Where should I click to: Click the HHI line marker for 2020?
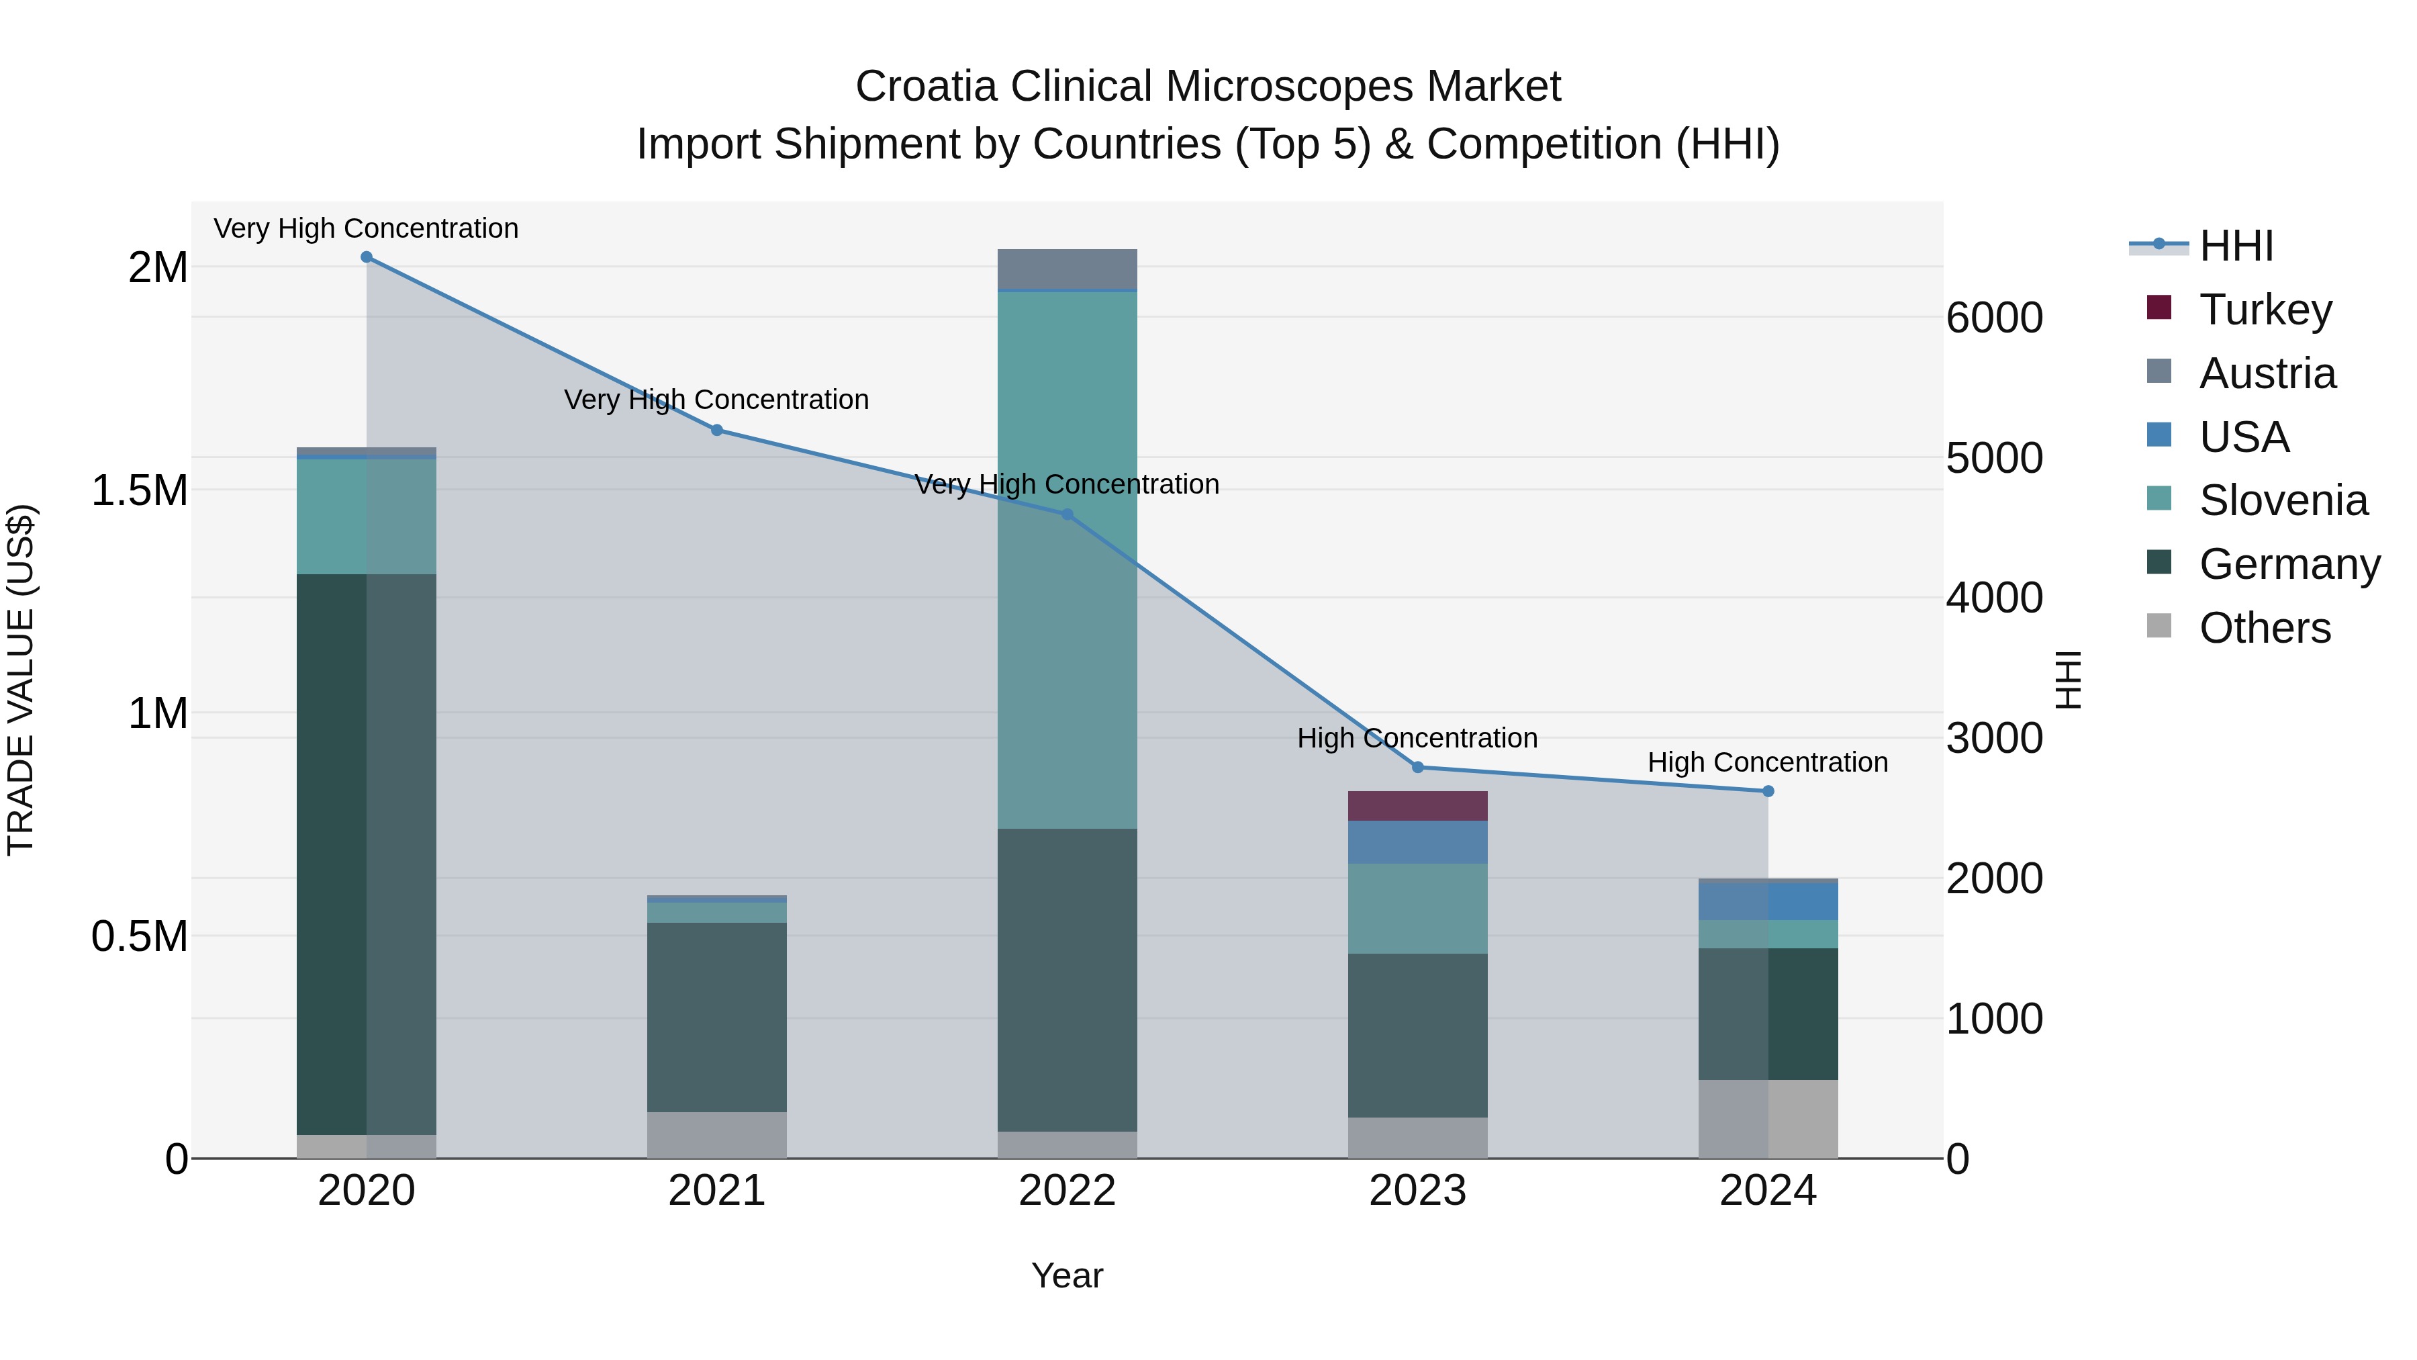click(x=366, y=257)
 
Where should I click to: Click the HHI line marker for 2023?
click(x=1418, y=767)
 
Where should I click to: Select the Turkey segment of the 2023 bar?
click(x=1418, y=805)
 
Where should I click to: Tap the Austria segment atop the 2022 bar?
click(x=1067, y=269)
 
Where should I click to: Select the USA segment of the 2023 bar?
click(x=1418, y=842)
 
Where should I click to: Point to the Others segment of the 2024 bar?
click(x=1768, y=1119)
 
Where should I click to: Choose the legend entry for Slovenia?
click(x=2283, y=500)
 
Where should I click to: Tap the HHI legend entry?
click(x=2235, y=246)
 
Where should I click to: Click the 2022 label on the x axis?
click(x=1067, y=1191)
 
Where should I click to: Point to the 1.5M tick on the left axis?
click(x=140, y=490)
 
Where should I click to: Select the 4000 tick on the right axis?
click(x=1994, y=598)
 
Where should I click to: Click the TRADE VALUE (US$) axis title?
click(x=21, y=680)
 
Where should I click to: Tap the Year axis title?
click(x=1067, y=1275)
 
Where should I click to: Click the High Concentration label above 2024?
click(x=1768, y=762)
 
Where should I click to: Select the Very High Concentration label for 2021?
click(x=717, y=400)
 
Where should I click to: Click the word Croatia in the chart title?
click(x=925, y=87)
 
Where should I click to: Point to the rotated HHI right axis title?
click(x=2068, y=680)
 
